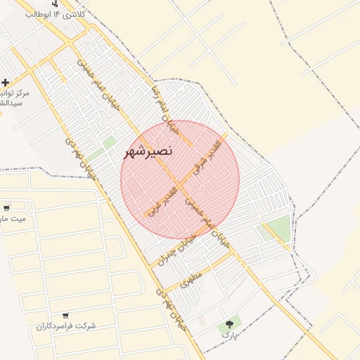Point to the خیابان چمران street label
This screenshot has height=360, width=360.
point(172,253)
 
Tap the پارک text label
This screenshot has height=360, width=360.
point(226,337)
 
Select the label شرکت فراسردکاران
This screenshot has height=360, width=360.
point(65,326)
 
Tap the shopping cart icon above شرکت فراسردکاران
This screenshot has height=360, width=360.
point(65,316)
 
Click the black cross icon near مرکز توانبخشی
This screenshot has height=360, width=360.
point(6,82)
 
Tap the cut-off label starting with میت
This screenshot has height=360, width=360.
point(13,219)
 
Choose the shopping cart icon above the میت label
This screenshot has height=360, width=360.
point(6,207)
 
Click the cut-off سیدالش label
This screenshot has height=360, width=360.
point(10,103)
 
